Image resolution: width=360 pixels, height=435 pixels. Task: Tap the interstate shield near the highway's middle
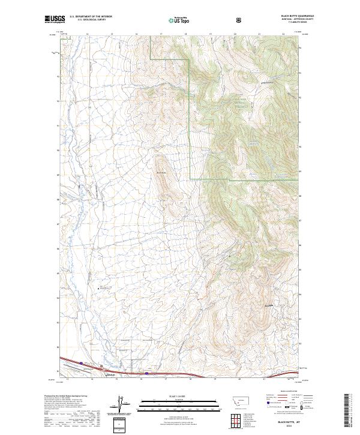coord(146,373)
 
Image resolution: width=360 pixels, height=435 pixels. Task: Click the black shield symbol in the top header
coord(240,20)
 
